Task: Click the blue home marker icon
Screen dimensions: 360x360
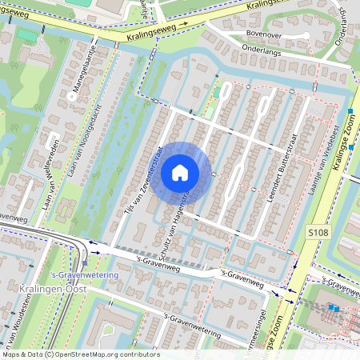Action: pos(180,173)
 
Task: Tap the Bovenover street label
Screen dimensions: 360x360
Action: pos(265,34)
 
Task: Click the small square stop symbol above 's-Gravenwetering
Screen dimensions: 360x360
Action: pos(85,263)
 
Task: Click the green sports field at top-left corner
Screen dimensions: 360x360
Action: pos(26,36)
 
